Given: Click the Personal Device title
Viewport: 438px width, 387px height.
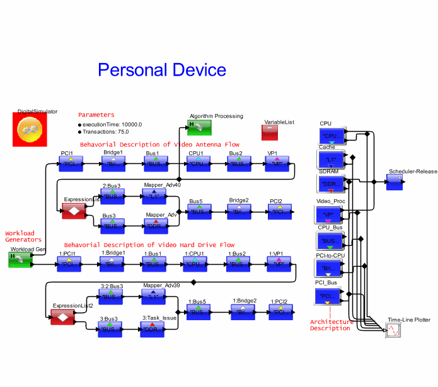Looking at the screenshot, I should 162,69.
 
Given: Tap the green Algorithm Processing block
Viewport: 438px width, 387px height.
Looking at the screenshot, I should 199,127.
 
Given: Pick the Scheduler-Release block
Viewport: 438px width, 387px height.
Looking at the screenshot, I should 395,181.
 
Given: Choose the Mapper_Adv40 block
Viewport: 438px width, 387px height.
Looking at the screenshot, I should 154,197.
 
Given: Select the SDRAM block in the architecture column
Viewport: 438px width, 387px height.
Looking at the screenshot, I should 330,183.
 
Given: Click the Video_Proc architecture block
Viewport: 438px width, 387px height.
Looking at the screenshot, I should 330,214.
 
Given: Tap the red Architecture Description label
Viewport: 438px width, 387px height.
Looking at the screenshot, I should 330,325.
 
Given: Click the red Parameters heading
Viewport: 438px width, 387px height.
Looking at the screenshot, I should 96,115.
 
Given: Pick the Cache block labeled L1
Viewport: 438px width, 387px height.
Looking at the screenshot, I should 330,158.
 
